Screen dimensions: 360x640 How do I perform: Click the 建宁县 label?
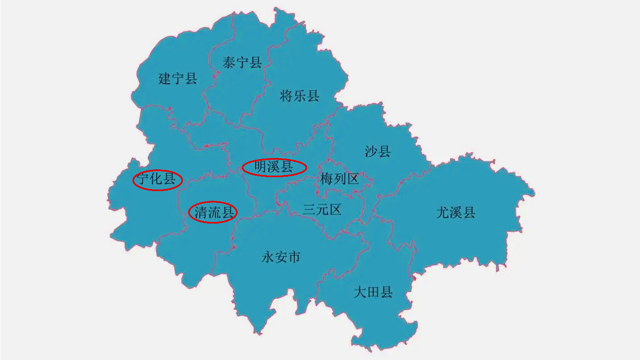pos(178,79)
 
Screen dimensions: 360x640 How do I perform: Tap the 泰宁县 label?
pos(242,63)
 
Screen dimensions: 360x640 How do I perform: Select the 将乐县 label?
pos(299,96)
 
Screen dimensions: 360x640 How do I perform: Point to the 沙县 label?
pos(378,151)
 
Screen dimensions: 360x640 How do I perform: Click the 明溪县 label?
pos(274,167)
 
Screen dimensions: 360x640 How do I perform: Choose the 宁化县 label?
pos(157,179)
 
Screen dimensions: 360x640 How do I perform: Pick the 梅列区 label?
pos(339,179)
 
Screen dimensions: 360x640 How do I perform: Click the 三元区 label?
pos(322,210)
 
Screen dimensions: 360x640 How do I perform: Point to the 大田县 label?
pos(373,293)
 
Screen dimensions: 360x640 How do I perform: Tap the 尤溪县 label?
pos(456,212)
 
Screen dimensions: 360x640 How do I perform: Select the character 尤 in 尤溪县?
pos(443,212)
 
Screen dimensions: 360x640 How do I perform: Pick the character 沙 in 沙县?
pos(371,151)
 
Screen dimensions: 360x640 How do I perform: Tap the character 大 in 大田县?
pos(360,293)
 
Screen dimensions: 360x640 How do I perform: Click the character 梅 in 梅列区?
pos(326,179)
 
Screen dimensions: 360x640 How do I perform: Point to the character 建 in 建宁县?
pos(165,79)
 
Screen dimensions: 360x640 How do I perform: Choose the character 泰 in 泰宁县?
pos(229,63)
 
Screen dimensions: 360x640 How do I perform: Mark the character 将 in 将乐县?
pos(287,96)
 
